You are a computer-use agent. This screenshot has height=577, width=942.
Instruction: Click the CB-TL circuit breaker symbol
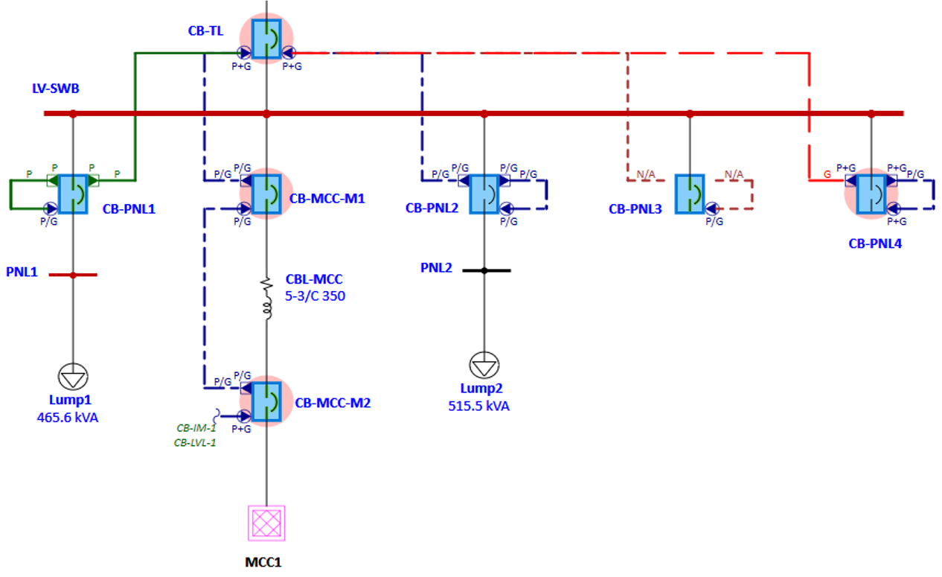tap(266, 39)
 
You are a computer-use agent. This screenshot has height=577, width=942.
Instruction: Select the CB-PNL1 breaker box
tap(73, 194)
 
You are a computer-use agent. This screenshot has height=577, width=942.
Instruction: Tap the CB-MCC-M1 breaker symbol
tap(266, 194)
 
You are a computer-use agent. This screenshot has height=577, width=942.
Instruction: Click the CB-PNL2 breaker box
tap(484, 194)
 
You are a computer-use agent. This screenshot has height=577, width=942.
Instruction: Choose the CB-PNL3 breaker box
tap(690, 194)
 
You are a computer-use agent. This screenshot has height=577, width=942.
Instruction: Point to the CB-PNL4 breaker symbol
tap(871, 194)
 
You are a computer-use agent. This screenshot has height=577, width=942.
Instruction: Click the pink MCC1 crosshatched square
tap(266, 522)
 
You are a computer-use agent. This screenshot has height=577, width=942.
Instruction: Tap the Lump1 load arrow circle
tap(73, 377)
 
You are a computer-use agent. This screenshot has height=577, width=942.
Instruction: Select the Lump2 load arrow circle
tap(484, 366)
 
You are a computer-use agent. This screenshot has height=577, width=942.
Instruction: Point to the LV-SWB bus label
tap(55, 89)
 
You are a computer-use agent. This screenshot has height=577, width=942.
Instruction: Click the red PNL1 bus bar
tap(73, 275)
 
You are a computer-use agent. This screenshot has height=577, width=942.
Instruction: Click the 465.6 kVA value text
tap(68, 418)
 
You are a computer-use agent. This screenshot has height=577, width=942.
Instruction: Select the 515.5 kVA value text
tap(478, 406)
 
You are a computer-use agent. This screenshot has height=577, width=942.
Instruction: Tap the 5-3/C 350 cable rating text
tap(315, 296)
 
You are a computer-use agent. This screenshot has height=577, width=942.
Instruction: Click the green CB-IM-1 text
tap(196, 428)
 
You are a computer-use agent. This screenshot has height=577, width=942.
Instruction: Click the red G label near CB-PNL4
tap(827, 173)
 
